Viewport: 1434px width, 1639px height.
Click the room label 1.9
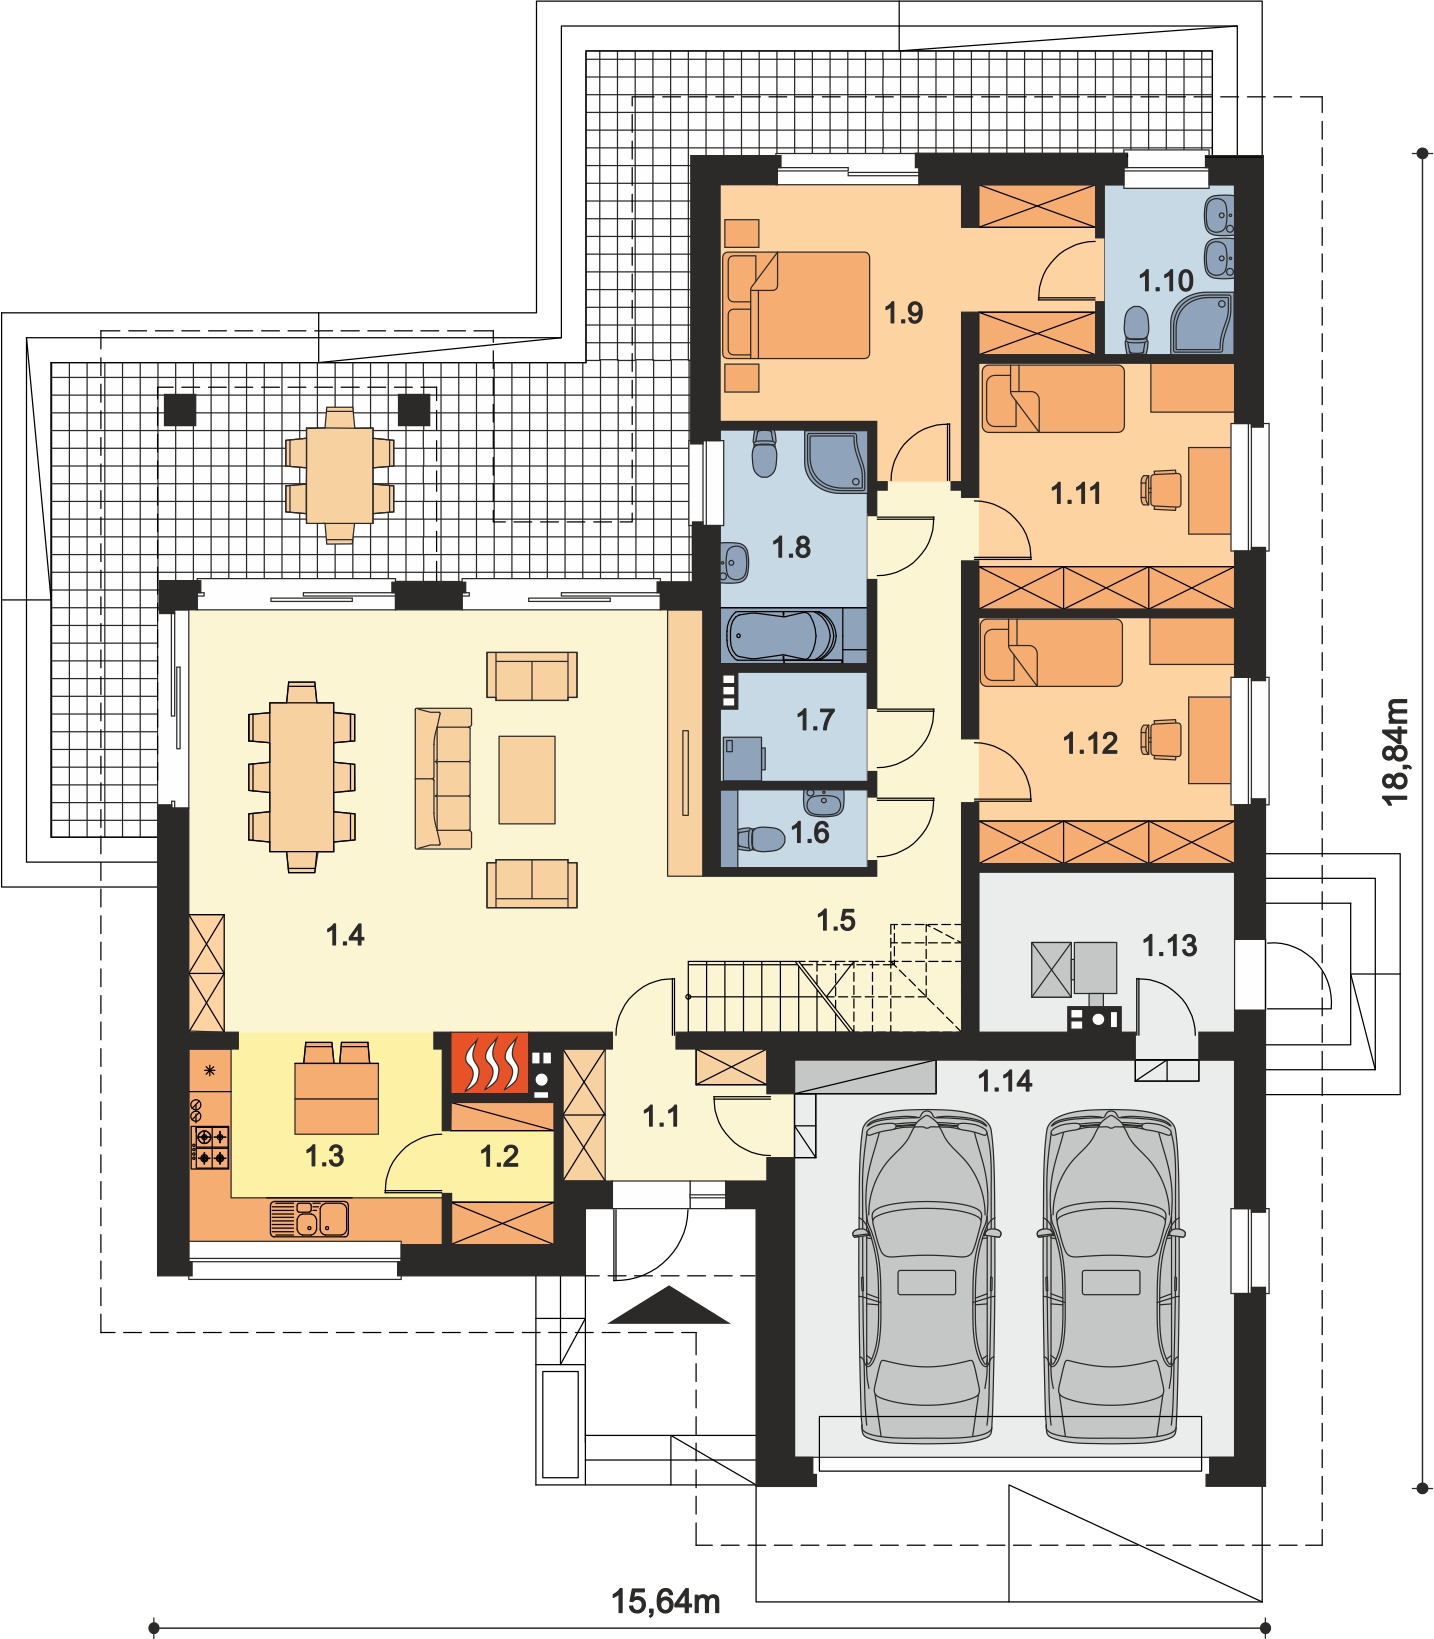pyautogui.click(x=903, y=313)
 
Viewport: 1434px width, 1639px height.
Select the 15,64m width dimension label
pyautogui.click(x=665, y=1601)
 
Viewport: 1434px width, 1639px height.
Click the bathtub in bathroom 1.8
pyautogui.click(x=782, y=635)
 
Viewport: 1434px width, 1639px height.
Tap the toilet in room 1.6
pyautogui.click(x=761, y=838)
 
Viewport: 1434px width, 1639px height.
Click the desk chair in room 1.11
pyautogui.click(x=1160, y=490)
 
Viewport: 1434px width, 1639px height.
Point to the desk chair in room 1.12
pyautogui.click(x=1160, y=740)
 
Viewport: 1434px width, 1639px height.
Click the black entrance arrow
pyautogui.click(x=669, y=1306)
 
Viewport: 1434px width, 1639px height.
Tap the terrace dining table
pyautogui.click(x=340, y=475)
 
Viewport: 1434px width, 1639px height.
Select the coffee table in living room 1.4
pyautogui.click(x=527, y=780)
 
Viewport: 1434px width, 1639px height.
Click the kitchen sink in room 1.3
pyautogui.click(x=309, y=1219)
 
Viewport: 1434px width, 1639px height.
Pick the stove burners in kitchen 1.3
pyautogui.click(x=210, y=1147)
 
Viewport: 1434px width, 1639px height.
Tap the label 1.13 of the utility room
pyautogui.click(x=1169, y=945)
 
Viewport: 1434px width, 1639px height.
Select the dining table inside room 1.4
pyautogui.click(x=301, y=777)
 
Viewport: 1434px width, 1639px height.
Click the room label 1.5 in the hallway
pyautogui.click(x=836, y=920)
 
